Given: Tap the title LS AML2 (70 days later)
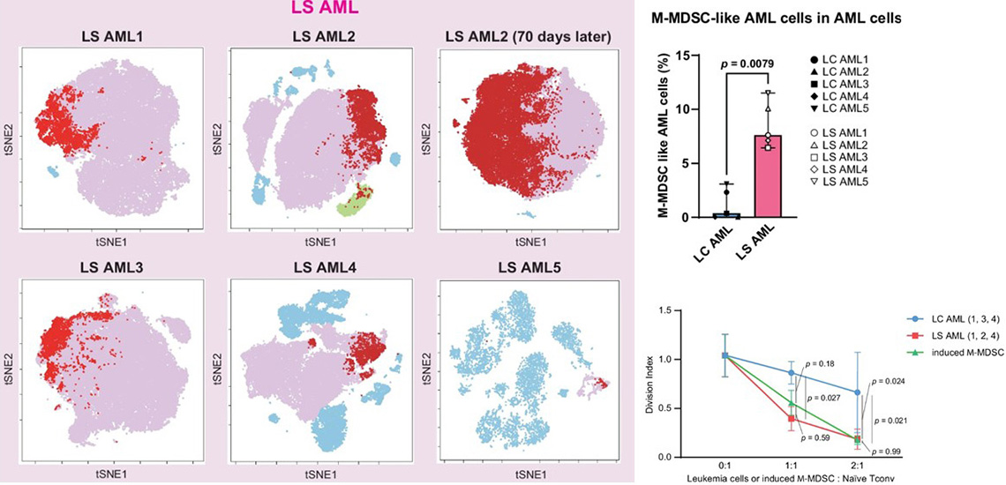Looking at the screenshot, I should coord(526,36).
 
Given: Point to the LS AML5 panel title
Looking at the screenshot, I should coord(528,268).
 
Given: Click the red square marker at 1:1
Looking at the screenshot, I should coord(791,419).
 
